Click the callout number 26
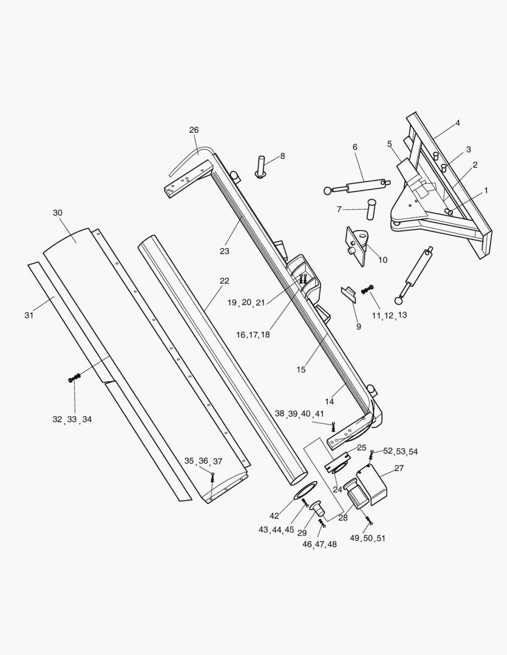pyautogui.click(x=194, y=130)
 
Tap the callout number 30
pyautogui.click(x=58, y=213)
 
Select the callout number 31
pyautogui.click(x=29, y=315)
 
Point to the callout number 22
pyautogui.click(x=225, y=281)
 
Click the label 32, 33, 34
pyautogui.click(x=72, y=420)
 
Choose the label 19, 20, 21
pyautogui.click(x=246, y=303)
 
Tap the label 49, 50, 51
pyautogui.click(x=368, y=539)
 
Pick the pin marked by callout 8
pyautogui.click(x=262, y=167)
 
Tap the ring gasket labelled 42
pyautogui.click(x=308, y=489)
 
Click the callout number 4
pyautogui.click(x=458, y=123)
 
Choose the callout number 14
pyautogui.click(x=330, y=401)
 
